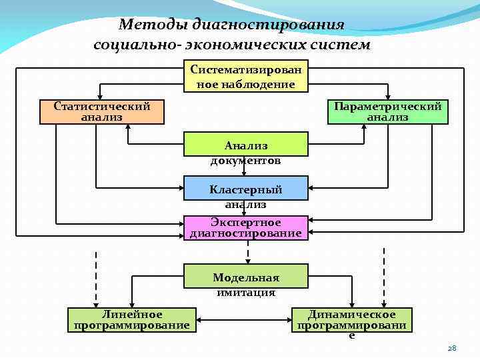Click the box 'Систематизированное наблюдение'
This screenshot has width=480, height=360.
pyautogui.click(x=245, y=77)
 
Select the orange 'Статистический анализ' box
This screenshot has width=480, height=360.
pyautogui.click(x=101, y=111)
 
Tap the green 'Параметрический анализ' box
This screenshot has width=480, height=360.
pyautogui.click(x=388, y=111)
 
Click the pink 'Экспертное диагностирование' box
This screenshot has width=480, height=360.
pyautogui.click(x=245, y=227)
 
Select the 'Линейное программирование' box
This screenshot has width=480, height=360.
pyautogui.click(x=132, y=320)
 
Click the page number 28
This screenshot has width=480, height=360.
pyautogui.click(x=451, y=348)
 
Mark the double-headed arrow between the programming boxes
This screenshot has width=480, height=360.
pyautogui.click(x=245, y=321)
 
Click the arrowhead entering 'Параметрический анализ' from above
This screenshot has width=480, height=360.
pyautogui.click(x=388, y=95)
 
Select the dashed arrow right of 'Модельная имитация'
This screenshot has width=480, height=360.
pyautogui.click(x=384, y=277)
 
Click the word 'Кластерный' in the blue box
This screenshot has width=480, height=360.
pyautogui.click(x=245, y=190)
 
